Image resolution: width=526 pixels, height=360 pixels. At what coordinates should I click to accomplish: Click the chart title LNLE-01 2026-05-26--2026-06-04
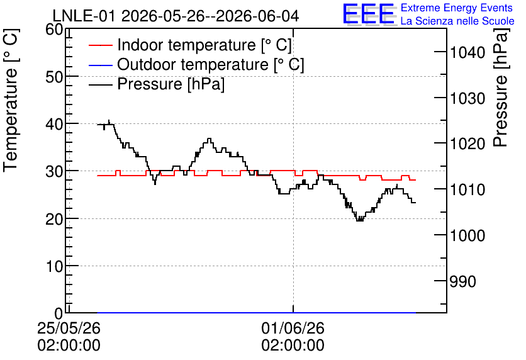(176, 16)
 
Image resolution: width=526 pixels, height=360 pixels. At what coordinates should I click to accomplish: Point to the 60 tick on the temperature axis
(54, 30)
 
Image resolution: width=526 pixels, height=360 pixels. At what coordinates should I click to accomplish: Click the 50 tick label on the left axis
(54, 77)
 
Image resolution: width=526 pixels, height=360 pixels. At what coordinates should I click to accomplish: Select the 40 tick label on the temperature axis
(54, 125)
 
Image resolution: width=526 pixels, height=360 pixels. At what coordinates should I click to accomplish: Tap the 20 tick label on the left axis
(54, 220)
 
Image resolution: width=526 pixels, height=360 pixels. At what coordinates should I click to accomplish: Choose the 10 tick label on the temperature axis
(54, 267)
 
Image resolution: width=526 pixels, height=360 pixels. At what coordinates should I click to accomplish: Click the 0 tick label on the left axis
(59, 313)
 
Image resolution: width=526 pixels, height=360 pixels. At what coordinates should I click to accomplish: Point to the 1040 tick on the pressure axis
(467, 53)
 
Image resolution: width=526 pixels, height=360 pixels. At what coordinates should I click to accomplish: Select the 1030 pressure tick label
(467, 99)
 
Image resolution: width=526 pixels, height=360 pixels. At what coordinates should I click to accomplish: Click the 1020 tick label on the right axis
(467, 144)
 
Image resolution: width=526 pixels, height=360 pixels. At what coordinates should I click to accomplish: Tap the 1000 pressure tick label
(467, 236)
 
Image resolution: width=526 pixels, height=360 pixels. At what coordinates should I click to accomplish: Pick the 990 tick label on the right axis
(462, 282)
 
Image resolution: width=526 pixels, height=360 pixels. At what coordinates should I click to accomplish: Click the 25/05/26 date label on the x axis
(69, 328)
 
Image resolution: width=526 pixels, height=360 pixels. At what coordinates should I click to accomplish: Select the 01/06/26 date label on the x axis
(293, 328)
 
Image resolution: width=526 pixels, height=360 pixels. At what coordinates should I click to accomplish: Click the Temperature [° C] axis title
(11, 101)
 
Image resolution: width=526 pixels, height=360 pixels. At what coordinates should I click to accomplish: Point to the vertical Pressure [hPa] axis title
(501, 87)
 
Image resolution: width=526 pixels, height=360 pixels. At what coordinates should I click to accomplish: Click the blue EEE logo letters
(368, 14)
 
